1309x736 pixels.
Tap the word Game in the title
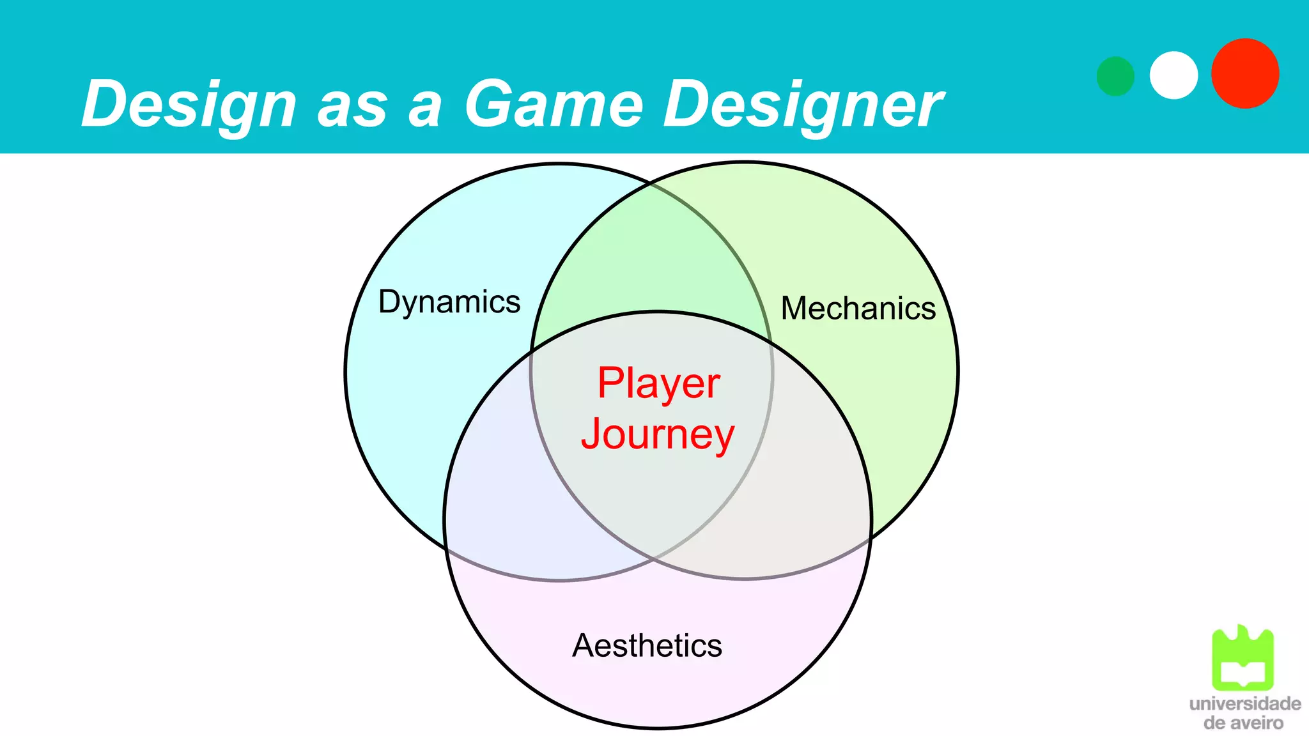(554, 104)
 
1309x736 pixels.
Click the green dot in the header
(1115, 76)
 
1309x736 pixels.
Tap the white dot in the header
(1173, 75)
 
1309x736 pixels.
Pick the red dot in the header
(1245, 73)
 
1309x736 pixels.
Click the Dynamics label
(449, 302)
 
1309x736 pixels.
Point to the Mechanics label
(858, 309)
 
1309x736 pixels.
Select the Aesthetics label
(647, 645)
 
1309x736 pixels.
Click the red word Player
(658, 383)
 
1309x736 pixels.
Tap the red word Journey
(658, 434)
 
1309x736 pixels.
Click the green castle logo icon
(1243, 658)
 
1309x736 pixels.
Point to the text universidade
(1244, 704)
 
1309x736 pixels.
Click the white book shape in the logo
(1243, 673)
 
